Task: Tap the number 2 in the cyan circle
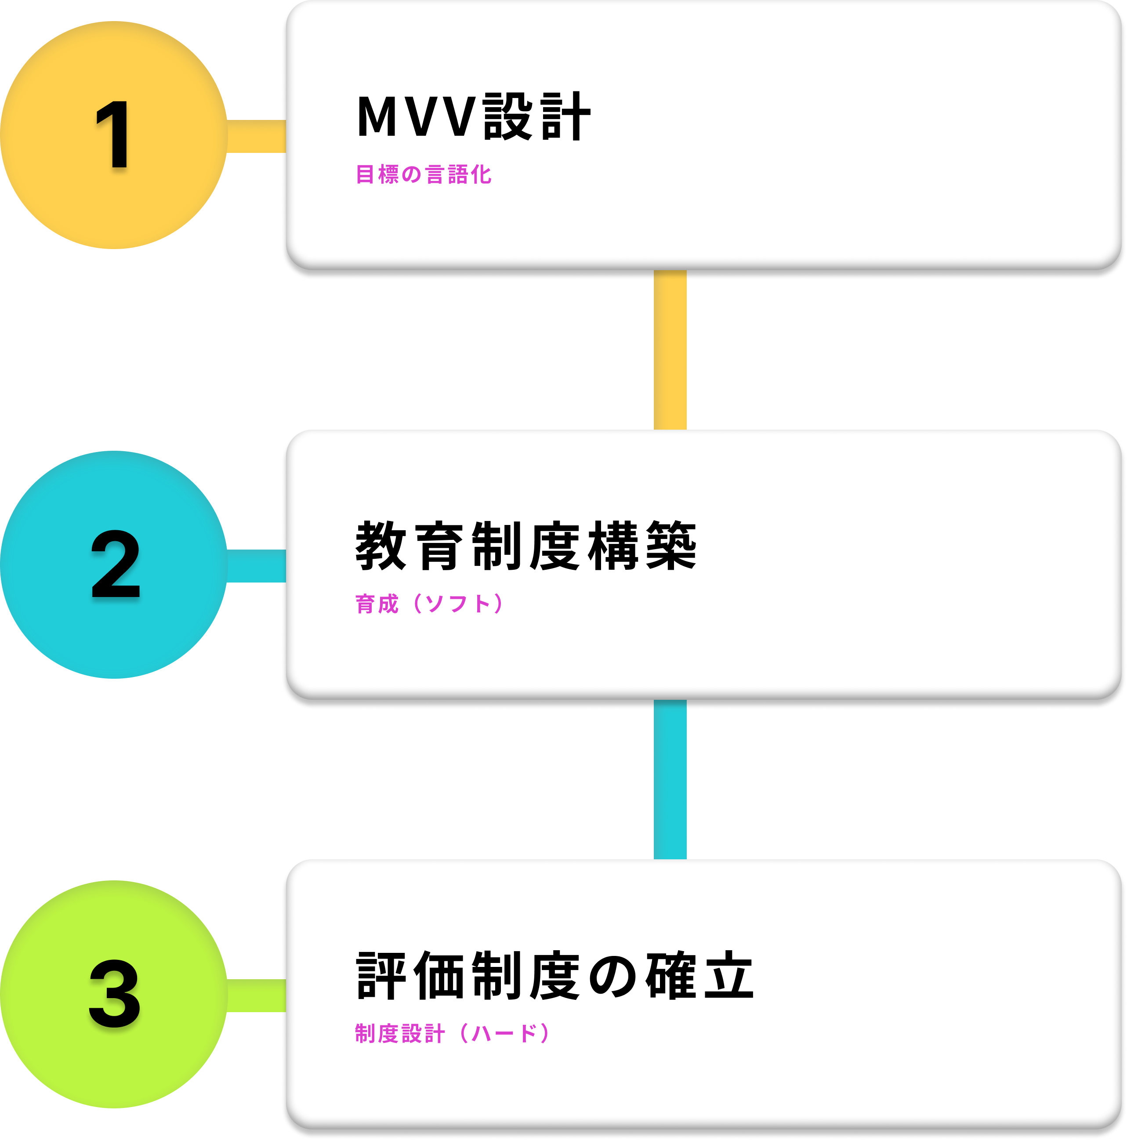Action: pos(116,564)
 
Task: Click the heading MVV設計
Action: pos(473,116)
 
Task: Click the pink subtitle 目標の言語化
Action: pos(424,175)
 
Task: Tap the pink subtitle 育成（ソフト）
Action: pos(430,604)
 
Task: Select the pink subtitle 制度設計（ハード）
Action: pos(453,1033)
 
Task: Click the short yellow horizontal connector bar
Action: pos(256,136)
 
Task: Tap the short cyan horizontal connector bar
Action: pos(256,566)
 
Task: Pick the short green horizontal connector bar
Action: pos(256,995)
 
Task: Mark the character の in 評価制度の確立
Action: pos(612,977)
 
